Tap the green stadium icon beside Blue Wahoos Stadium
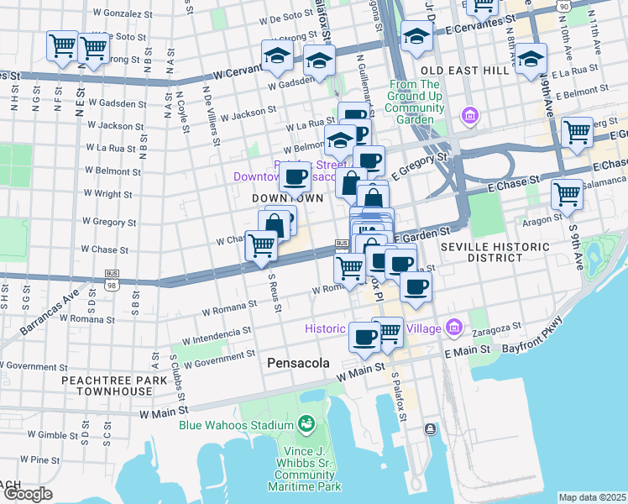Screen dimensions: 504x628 (305, 424)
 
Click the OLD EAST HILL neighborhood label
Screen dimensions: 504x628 (464, 71)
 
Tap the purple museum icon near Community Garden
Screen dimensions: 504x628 (469, 115)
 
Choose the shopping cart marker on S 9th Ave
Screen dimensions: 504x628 (568, 194)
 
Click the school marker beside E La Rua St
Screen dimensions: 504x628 (530, 59)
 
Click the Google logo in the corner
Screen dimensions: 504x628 (27, 494)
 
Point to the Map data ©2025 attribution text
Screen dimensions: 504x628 (592, 497)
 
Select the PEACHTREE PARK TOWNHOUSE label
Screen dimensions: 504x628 (107, 386)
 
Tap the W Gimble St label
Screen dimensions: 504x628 (51, 435)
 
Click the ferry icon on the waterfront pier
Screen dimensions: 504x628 (430, 429)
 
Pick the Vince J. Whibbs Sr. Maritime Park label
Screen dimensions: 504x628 (306, 467)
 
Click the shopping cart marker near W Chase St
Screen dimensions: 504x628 (262, 245)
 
